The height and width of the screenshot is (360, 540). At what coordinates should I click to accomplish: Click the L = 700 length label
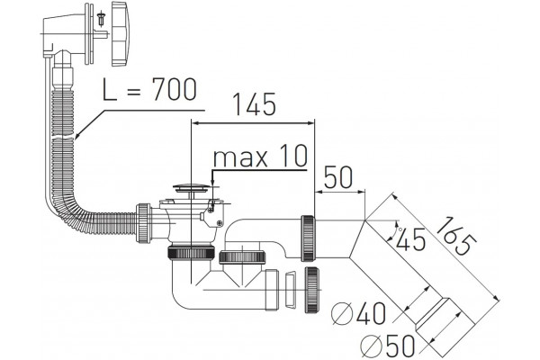tap(149, 90)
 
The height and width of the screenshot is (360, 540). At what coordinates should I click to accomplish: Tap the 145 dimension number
tap(255, 104)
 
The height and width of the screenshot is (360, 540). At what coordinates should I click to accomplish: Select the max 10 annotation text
tap(260, 156)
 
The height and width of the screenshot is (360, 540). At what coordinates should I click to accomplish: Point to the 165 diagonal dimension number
tap(456, 236)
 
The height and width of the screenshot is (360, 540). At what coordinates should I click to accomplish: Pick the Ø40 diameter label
tap(358, 313)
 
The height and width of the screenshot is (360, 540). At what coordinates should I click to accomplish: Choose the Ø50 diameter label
tap(387, 346)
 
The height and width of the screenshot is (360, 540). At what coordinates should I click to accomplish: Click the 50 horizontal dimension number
tap(338, 177)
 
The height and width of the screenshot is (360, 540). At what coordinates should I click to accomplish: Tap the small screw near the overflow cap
tap(101, 18)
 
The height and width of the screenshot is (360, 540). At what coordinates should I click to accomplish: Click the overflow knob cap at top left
tap(119, 33)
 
